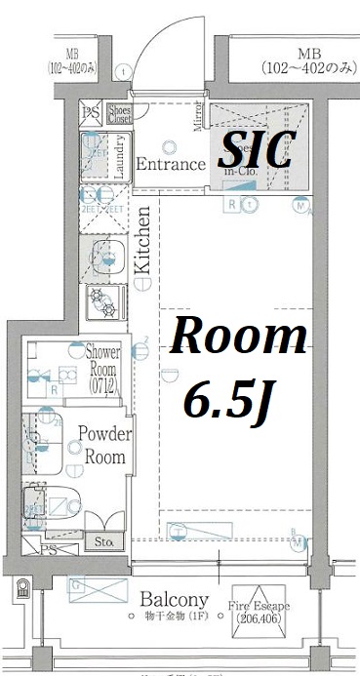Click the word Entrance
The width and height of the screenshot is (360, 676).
point(171,163)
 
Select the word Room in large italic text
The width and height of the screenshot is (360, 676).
point(239,338)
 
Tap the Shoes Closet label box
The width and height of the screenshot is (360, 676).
point(120,114)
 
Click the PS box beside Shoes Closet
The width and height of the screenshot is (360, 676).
point(90,112)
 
